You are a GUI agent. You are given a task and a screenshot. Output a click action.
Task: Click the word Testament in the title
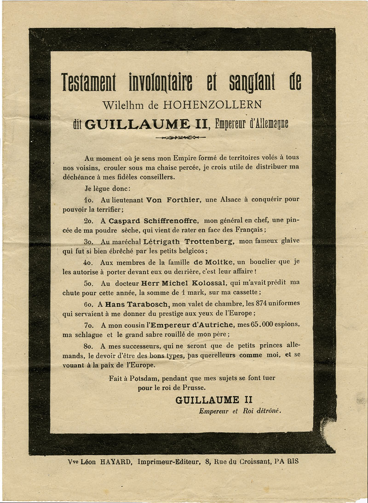[x=89, y=82]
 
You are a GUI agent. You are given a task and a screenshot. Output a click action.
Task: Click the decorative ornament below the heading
[x=180, y=137]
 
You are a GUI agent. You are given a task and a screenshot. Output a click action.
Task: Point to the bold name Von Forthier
[x=173, y=199]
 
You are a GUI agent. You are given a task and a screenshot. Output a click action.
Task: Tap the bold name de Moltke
[x=213, y=262]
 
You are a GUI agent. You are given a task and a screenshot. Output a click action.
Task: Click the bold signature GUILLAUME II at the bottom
[x=213, y=400]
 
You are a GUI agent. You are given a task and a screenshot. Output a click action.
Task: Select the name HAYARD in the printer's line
[x=114, y=461]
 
